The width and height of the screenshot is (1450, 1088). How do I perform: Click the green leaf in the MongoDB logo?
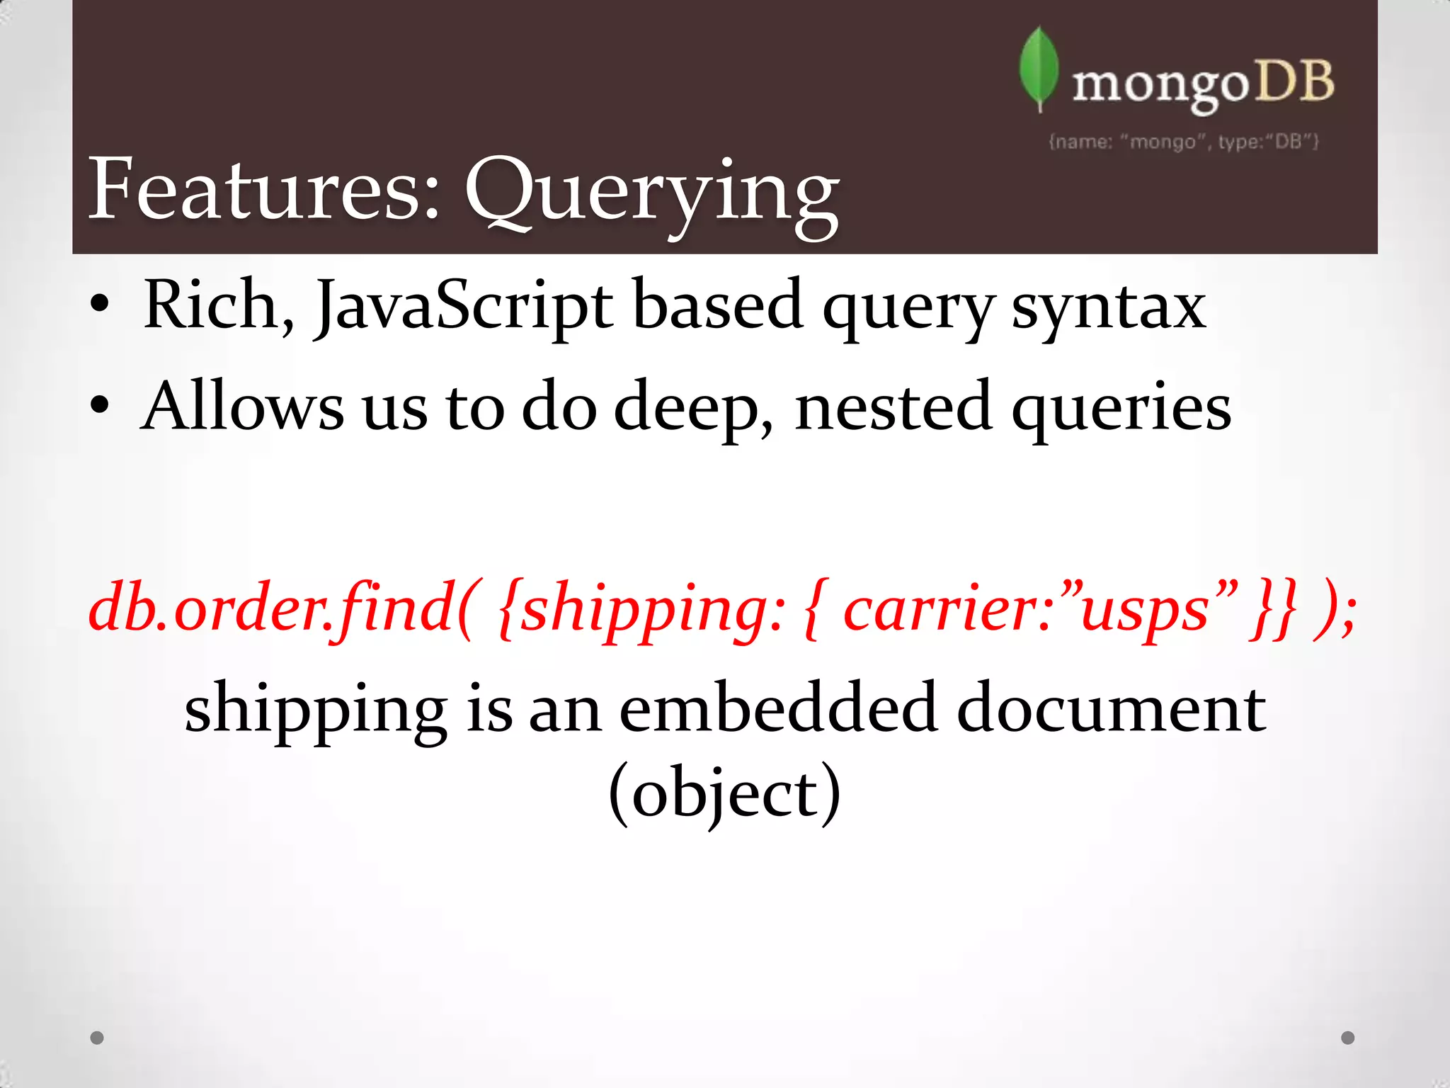[1039, 69]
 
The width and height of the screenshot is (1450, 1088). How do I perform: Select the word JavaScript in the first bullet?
[464, 306]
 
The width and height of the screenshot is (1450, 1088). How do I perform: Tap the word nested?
[893, 407]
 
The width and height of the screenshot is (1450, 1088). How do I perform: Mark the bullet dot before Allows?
[100, 406]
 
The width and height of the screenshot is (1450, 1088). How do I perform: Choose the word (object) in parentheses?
[724, 793]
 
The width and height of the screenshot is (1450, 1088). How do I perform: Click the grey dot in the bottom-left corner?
[97, 1038]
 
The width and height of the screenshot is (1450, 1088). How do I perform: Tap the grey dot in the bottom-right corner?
[1348, 1038]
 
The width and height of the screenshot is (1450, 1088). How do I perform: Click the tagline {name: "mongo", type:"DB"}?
[1183, 142]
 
